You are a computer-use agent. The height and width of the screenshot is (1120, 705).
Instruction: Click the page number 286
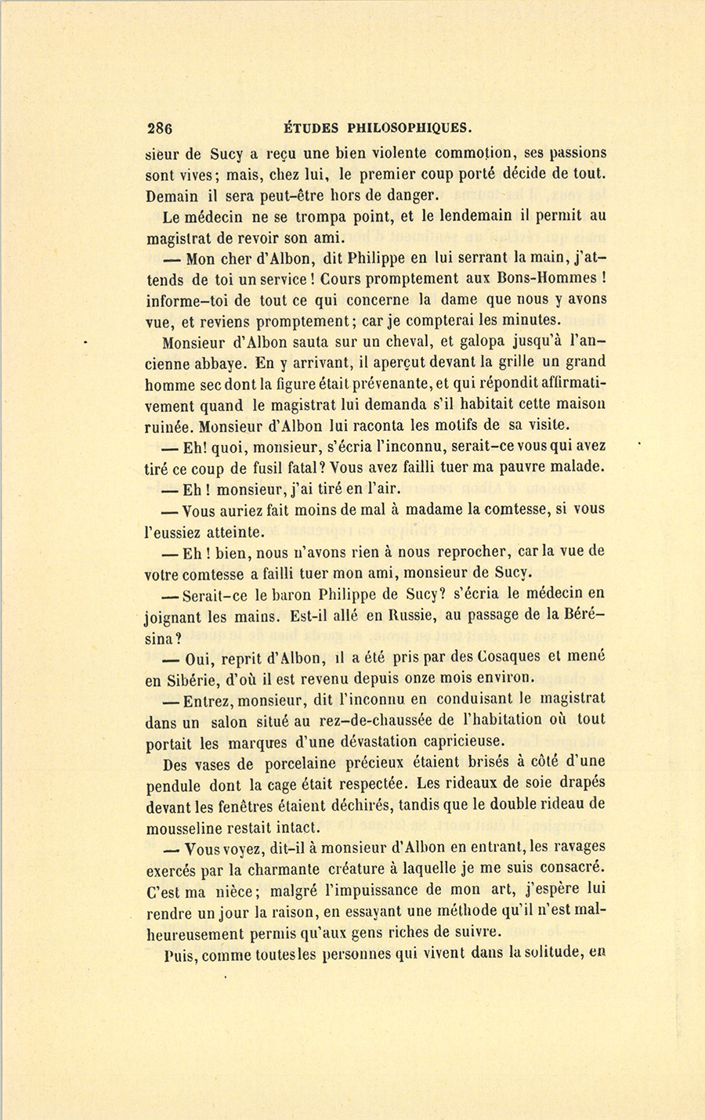(x=159, y=128)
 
